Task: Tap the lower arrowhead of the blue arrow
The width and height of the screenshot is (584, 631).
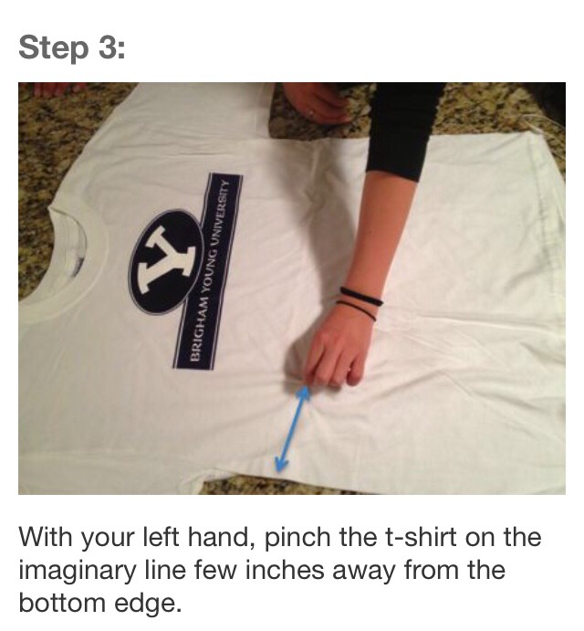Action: pos(282,465)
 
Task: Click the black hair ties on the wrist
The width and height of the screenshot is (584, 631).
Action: pos(360,302)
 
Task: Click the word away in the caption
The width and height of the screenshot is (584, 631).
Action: pos(405,571)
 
